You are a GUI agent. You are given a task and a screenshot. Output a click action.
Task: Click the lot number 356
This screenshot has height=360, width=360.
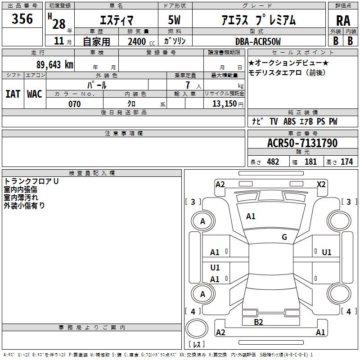tap(22, 18)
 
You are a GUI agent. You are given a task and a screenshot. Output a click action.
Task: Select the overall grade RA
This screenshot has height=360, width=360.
tap(343, 21)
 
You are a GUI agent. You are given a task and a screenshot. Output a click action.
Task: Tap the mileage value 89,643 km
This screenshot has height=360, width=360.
tap(55, 64)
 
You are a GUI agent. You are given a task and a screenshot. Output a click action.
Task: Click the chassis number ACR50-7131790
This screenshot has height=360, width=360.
tap(302, 143)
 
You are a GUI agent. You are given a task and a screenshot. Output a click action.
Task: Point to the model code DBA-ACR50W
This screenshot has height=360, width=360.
tap(258, 41)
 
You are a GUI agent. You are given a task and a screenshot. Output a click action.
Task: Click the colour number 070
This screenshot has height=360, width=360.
tap(75, 104)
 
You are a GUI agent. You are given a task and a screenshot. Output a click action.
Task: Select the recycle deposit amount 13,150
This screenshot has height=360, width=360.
tap(225, 104)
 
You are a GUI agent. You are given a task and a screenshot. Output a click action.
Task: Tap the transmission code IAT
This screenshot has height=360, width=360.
tap(13, 94)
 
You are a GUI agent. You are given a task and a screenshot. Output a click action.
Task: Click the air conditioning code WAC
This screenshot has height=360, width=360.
tap(35, 94)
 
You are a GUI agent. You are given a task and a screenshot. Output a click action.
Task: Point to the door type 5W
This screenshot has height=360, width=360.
tap(174, 20)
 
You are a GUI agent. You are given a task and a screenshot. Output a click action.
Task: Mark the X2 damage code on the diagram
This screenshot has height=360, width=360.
tap(321, 184)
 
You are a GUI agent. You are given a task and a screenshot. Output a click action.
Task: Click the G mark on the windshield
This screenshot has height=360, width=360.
tap(284, 237)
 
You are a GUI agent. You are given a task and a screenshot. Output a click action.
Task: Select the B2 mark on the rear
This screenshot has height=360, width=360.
tap(258, 322)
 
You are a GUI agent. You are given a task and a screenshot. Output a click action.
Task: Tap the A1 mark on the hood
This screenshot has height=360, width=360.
tap(251, 216)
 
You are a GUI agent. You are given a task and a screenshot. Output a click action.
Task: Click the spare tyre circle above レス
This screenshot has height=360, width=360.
tap(197, 328)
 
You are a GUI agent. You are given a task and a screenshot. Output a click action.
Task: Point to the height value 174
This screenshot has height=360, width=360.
tap(346, 162)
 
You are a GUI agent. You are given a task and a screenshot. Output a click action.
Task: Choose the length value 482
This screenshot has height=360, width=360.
tap(273, 162)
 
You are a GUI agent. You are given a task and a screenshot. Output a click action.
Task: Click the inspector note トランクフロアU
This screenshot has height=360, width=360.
tap(31, 181)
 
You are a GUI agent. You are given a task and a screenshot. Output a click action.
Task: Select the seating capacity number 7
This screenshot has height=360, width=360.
tap(188, 85)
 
